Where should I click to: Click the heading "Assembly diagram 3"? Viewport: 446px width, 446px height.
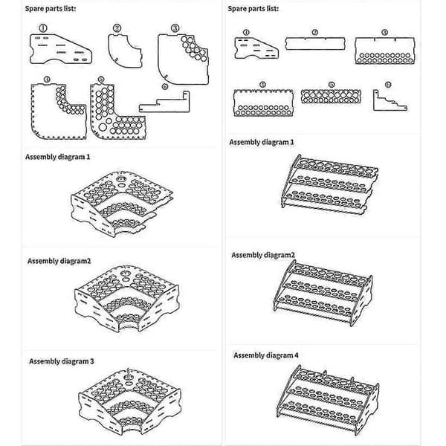tap(62, 361)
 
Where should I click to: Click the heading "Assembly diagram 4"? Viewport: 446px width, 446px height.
tap(266, 355)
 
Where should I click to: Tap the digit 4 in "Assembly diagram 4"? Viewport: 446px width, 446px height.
tap(297, 355)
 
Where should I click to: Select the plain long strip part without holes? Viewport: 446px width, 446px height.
tap(315, 44)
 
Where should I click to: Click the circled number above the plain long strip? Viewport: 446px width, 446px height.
tap(315, 33)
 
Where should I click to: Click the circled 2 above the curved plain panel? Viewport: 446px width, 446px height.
tap(117, 28)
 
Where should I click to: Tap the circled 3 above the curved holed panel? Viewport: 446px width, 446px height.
tap(175, 28)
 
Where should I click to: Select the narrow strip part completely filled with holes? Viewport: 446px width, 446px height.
tap(331, 96)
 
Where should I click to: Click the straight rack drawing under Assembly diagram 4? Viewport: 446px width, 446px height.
tap(328, 400)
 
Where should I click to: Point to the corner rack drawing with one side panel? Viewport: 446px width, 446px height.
tap(123, 204)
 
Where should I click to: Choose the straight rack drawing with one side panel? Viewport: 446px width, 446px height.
tap(329, 184)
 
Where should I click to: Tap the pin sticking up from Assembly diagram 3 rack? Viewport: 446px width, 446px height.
tap(128, 372)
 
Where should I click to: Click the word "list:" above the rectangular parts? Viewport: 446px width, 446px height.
tap(273, 8)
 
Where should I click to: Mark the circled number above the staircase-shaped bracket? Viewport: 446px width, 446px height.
tap(388, 85)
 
